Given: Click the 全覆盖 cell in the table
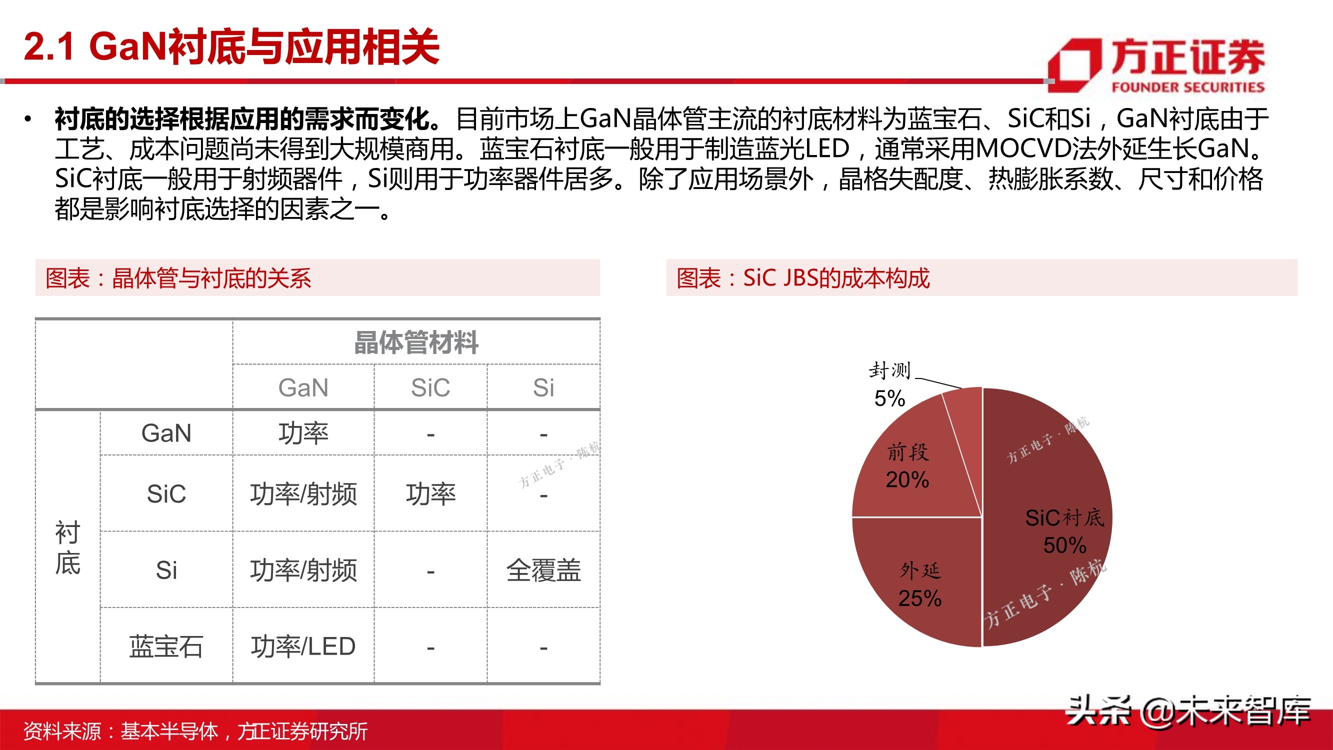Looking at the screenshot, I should point(543,570).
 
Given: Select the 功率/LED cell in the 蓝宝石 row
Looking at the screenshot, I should point(302,646).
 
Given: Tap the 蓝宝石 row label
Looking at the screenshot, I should point(165,646).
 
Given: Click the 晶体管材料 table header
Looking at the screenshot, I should point(416,342).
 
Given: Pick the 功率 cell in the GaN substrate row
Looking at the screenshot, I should point(302,433).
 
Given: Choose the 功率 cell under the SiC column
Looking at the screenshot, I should point(430,494).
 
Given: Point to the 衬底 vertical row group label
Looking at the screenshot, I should point(67,547).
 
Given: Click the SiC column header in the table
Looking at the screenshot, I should point(430,387).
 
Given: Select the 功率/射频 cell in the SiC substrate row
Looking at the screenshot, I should point(302,494).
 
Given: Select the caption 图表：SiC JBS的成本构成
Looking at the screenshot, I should point(803,278).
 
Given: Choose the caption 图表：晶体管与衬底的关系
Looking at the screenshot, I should point(178,278).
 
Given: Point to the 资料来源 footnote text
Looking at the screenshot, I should point(195,731).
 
